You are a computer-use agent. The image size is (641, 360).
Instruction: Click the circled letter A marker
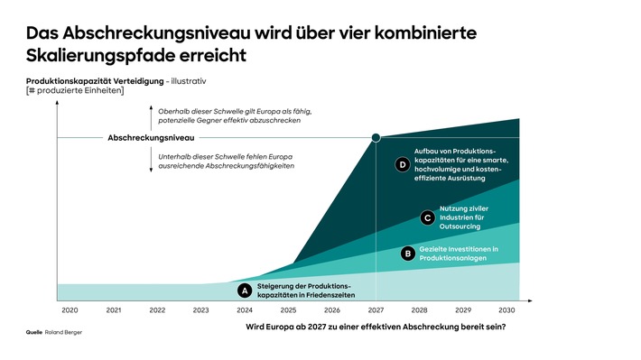coord(243,291)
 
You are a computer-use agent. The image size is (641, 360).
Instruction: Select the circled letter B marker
coord(407,254)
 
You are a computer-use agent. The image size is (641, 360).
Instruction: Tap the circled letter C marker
coord(428,217)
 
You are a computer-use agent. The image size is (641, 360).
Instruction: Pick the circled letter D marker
coord(403,164)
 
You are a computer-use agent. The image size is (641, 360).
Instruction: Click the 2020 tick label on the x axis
coord(70,309)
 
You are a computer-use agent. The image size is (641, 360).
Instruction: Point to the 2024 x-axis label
coord(245,309)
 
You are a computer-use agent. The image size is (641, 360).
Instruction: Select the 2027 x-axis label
coord(376,309)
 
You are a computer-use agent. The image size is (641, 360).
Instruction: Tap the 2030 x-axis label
coord(507,309)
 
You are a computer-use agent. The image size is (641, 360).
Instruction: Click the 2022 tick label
coord(157,309)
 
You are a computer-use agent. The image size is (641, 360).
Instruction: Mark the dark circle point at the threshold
coord(376,138)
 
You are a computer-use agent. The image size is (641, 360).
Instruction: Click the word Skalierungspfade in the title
coord(98,55)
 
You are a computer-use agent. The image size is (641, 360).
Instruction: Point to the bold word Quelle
coord(34,332)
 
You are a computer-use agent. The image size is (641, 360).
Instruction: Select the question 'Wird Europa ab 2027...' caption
coord(375,326)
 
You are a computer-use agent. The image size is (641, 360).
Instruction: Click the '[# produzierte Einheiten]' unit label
coord(74,91)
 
